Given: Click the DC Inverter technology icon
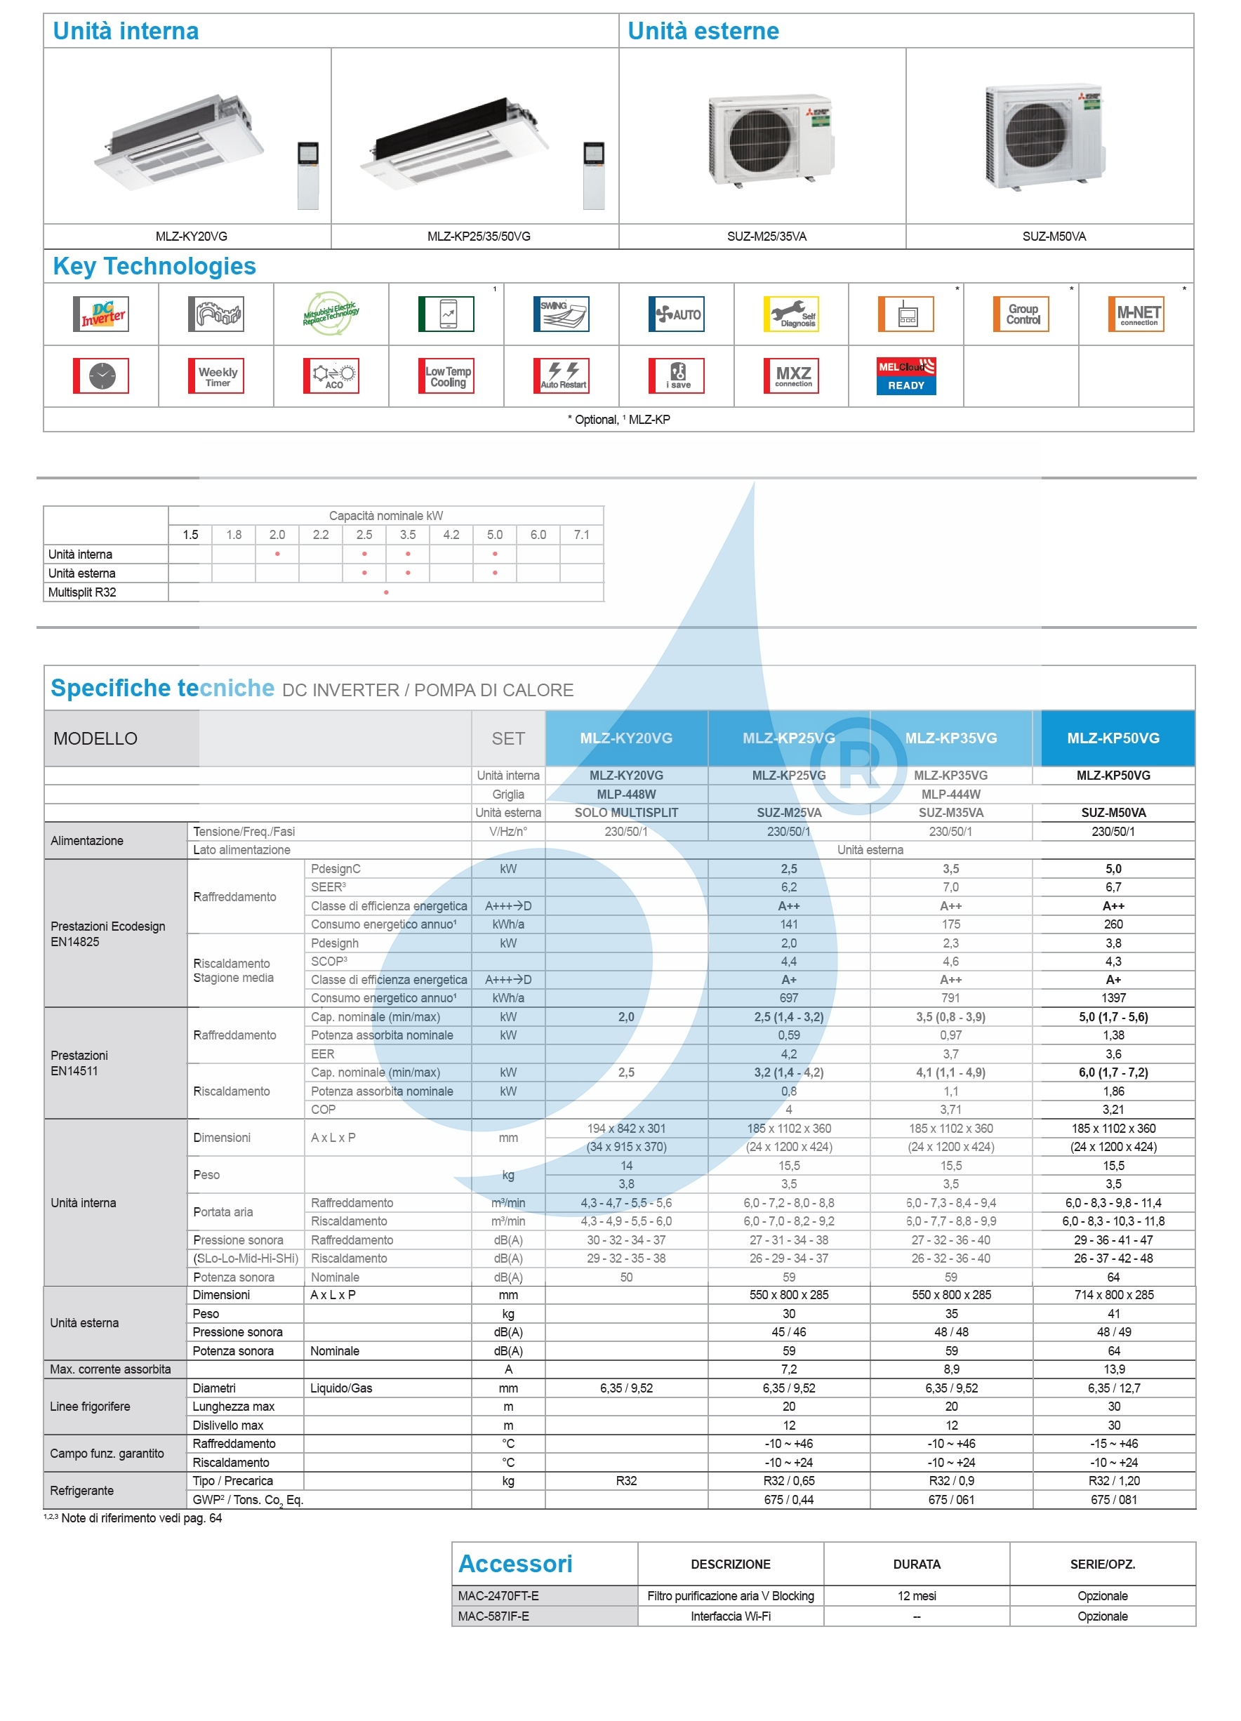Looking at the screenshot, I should click(101, 314).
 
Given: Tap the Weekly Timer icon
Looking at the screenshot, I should click(216, 376).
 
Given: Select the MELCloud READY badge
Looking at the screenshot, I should click(905, 376).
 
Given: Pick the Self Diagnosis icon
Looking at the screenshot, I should click(790, 314).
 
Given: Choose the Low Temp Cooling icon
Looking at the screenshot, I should click(446, 376).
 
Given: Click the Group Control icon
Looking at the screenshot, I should click(1021, 314).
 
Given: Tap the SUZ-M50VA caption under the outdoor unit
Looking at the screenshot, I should click(1054, 237).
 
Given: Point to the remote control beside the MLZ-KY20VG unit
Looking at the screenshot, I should click(308, 175).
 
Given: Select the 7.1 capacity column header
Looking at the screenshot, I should click(581, 535).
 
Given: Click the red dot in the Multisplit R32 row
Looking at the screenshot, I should click(386, 592).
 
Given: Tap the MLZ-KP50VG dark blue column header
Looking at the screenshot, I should click(1113, 738).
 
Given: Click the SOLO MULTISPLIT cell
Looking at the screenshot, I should click(626, 813).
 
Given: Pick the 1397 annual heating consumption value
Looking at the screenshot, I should click(1113, 998).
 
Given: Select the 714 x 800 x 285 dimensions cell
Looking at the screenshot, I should click(1113, 1294).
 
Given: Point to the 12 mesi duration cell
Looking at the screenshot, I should click(916, 1596).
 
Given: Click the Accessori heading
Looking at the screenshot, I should click(515, 1564).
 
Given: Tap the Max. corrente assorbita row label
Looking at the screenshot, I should click(111, 1369).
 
